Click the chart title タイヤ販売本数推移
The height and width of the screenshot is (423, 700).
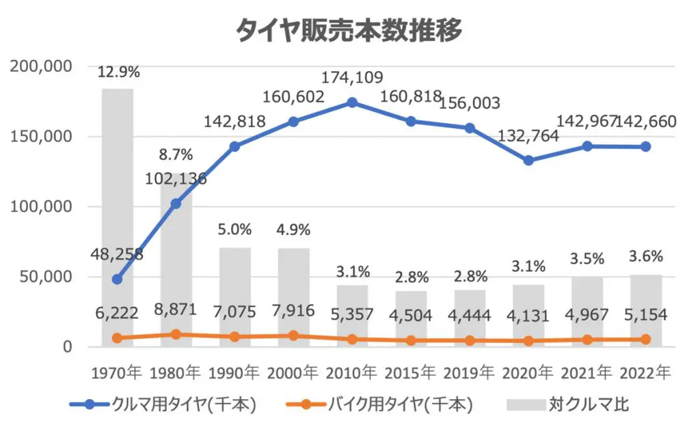coord(349,31)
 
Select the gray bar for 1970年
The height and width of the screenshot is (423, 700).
coord(118,205)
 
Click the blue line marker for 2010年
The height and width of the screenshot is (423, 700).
coord(352,103)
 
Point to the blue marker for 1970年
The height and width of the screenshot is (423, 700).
coord(118,279)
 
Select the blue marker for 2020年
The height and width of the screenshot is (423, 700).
coord(528,161)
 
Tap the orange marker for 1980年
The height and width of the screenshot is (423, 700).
coord(176,334)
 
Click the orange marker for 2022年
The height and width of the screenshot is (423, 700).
coord(645,339)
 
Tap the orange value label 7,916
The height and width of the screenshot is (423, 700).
coord(293,312)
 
